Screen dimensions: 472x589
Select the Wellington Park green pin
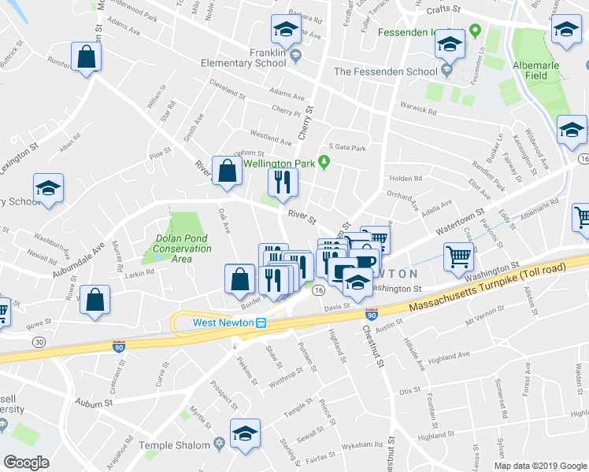(323, 163)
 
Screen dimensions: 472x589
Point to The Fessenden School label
(384, 72)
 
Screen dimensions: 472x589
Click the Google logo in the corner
(26, 462)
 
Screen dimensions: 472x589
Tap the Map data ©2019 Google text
(539, 466)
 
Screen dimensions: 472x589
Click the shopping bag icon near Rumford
(87, 57)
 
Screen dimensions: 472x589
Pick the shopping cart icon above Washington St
(458, 255)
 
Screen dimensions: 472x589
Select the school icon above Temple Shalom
(245, 433)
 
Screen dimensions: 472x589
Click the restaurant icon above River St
(280, 183)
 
